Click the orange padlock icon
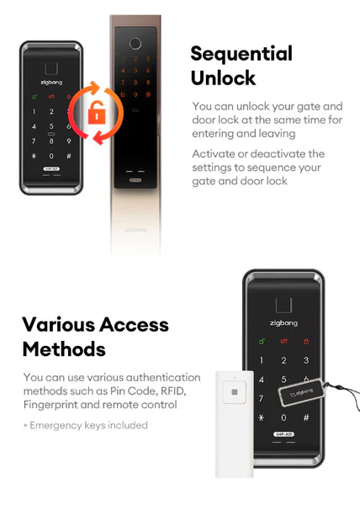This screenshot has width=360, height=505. tap(97, 113)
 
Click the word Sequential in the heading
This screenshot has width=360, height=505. tap(241, 54)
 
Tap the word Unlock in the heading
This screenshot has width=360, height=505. tap(223, 77)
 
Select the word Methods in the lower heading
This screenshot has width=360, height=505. tap(64, 349)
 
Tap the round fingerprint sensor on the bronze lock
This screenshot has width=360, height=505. tap(135, 44)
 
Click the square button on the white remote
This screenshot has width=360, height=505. tap(235, 392)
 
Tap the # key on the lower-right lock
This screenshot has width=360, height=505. tap(306, 417)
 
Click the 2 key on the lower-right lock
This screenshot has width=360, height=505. tap(283, 360)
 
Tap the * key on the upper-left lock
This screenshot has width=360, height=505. tap(34, 157)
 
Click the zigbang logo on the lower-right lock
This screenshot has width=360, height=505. tap(283, 323)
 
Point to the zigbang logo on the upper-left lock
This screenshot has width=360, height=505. tap(51, 82)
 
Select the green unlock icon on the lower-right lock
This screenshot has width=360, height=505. tap(262, 341)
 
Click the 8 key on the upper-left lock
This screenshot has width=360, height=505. tap(51, 141)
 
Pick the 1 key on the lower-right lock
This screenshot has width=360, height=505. tap(262, 360)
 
